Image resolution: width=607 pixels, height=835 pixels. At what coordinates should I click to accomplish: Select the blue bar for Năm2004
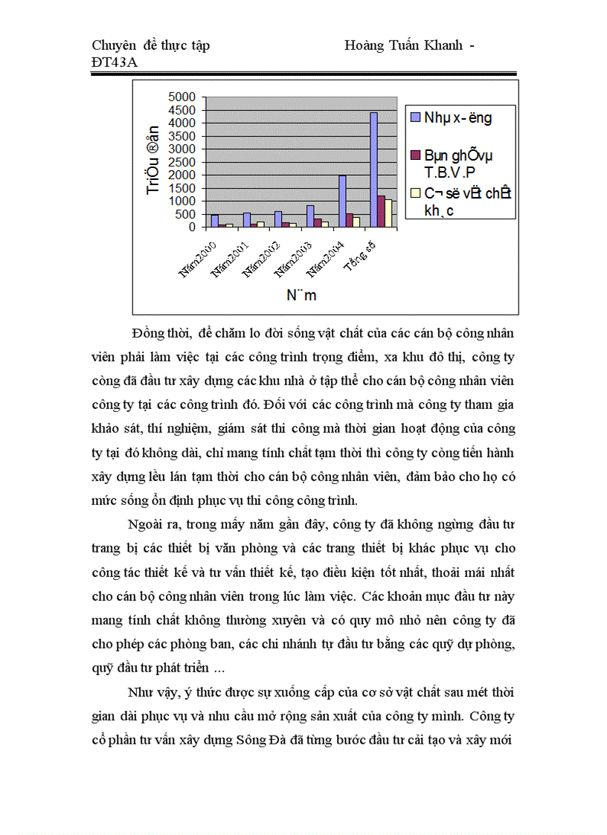(341, 201)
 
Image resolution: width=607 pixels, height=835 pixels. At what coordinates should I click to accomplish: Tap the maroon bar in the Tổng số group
(381, 211)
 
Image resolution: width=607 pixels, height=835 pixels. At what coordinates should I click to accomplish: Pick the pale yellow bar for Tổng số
(388, 213)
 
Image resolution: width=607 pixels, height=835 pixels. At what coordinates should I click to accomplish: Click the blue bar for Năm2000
(214, 221)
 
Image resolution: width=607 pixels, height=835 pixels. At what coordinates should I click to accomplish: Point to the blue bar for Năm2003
(309, 216)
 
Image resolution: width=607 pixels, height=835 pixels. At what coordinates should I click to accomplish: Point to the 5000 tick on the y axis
(182, 97)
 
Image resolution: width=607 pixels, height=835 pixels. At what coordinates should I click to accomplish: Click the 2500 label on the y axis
(182, 161)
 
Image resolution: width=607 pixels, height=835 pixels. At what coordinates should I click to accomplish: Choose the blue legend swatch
(414, 117)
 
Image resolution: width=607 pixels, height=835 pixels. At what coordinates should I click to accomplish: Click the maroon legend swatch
(414, 155)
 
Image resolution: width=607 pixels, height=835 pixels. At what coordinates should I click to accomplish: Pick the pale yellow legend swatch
(414, 193)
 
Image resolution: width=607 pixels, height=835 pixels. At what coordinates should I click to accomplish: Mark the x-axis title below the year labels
(301, 295)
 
